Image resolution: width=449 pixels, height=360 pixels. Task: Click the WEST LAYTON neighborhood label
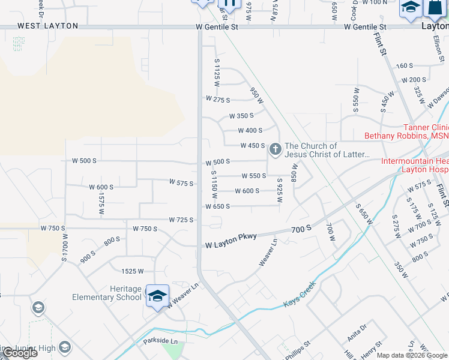[48, 26]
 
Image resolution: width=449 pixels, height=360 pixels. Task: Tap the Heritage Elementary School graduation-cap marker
[158, 296]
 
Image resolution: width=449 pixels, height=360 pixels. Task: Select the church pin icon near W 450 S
[275, 149]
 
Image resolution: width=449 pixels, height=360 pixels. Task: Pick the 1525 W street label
[133, 271]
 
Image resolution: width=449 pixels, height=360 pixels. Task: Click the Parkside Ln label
[160, 341]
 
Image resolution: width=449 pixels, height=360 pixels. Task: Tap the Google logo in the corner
[19, 353]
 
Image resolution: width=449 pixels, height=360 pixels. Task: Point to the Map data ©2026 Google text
[412, 355]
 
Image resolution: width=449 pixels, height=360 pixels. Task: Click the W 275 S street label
[218, 99]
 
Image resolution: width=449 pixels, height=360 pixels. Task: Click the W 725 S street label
[181, 220]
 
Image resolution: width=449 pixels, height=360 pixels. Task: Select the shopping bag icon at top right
[433, 7]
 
